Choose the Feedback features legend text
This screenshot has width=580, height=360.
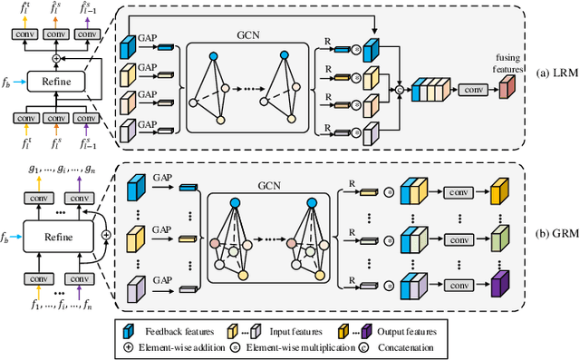pyautogui.click(x=173, y=332)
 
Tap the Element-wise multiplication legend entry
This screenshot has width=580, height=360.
pyautogui.click(x=304, y=346)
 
